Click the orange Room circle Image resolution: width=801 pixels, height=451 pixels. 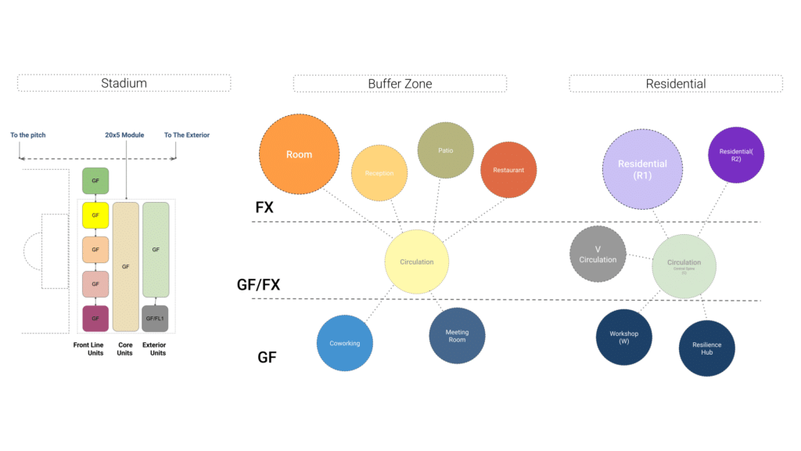click(x=299, y=153)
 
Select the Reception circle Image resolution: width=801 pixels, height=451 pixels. click(x=379, y=173)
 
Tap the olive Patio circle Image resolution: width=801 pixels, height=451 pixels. click(x=446, y=150)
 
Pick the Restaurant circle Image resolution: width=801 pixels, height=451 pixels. click(x=508, y=169)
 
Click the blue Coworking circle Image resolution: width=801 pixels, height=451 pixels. click(x=345, y=342)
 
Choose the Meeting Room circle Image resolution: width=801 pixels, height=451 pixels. click(x=457, y=336)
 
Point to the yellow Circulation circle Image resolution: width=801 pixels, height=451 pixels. click(x=416, y=262)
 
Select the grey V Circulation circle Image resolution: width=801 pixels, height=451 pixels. click(x=598, y=254)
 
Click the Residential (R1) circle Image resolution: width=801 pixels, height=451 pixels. click(x=642, y=169)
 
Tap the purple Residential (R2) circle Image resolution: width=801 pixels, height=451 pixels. click(x=736, y=154)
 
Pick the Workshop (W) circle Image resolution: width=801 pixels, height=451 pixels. click(x=624, y=337)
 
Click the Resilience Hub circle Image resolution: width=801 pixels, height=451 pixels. click(x=706, y=348)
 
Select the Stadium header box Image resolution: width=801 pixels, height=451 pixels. click(x=124, y=83)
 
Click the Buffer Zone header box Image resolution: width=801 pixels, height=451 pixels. click(x=400, y=83)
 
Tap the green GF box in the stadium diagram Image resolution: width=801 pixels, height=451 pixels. click(x=95, y=180)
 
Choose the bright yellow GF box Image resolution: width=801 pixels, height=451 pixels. click(x=95, y=215)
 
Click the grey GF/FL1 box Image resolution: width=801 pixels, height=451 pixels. click(x=156, y=319)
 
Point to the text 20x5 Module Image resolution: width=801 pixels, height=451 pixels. click(x=125, y=135)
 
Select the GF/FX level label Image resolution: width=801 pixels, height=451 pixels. click(x=258, y=285)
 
